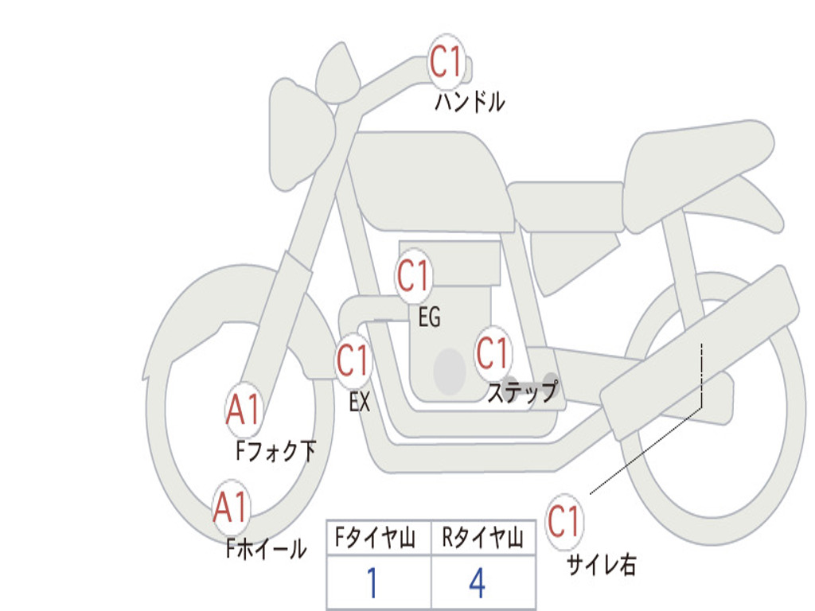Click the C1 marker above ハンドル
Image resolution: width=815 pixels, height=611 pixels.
[x=446, y=61]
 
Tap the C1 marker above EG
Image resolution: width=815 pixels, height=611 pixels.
[x=413, y=275]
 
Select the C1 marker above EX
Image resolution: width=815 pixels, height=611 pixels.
[x=353, y=360]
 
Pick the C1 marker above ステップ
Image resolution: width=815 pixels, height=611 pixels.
[x=493, y=353]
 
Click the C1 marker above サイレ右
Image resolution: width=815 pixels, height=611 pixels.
[x=564, y=521]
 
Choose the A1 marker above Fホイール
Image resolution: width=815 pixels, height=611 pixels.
[x=232, y=507]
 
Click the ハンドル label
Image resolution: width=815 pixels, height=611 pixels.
[x=470, y=101]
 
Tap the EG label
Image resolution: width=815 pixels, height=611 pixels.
[x=429, y=317]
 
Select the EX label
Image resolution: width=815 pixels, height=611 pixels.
[x=360, y=402]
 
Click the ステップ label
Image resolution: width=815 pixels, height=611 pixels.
[x=522, y=391]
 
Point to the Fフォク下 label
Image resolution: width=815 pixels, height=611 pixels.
[x=275, y=450]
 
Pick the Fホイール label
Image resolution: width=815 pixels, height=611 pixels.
[x=266, y=548]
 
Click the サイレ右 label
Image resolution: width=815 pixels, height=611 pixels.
[x=602, y=564]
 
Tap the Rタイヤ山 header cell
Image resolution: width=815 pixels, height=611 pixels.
[x=483, y=538]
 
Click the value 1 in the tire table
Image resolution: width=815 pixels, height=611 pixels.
[x=372, y=582]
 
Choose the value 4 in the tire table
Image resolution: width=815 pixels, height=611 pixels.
[x=478, y=582]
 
